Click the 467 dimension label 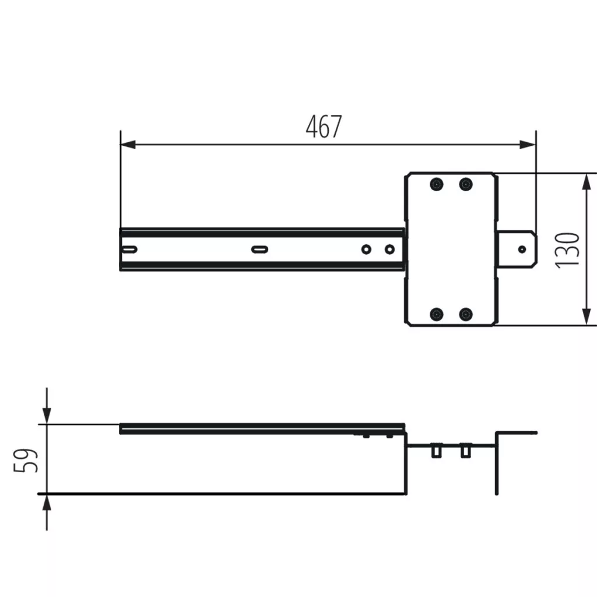(x=324, y=127)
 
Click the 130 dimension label (x=567, y=250)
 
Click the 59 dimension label (x=26, y=461)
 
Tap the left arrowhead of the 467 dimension (x=128, y=145)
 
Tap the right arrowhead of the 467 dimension (x=528, y=145)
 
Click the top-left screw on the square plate (x=436, y=184)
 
